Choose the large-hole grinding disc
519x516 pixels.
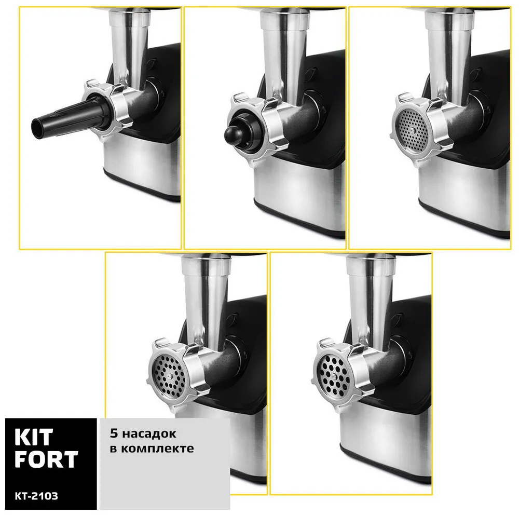tap(333, 376)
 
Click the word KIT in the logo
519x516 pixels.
tap(34, 437)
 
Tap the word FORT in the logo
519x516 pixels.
tap(46, 459)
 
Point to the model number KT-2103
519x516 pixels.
tap(36, 495)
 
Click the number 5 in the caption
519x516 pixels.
tap(114, 433)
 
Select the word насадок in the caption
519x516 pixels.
tap(149, 434)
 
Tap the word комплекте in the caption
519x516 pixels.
tap(157, 449)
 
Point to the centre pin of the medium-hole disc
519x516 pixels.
tap(169, 376)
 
